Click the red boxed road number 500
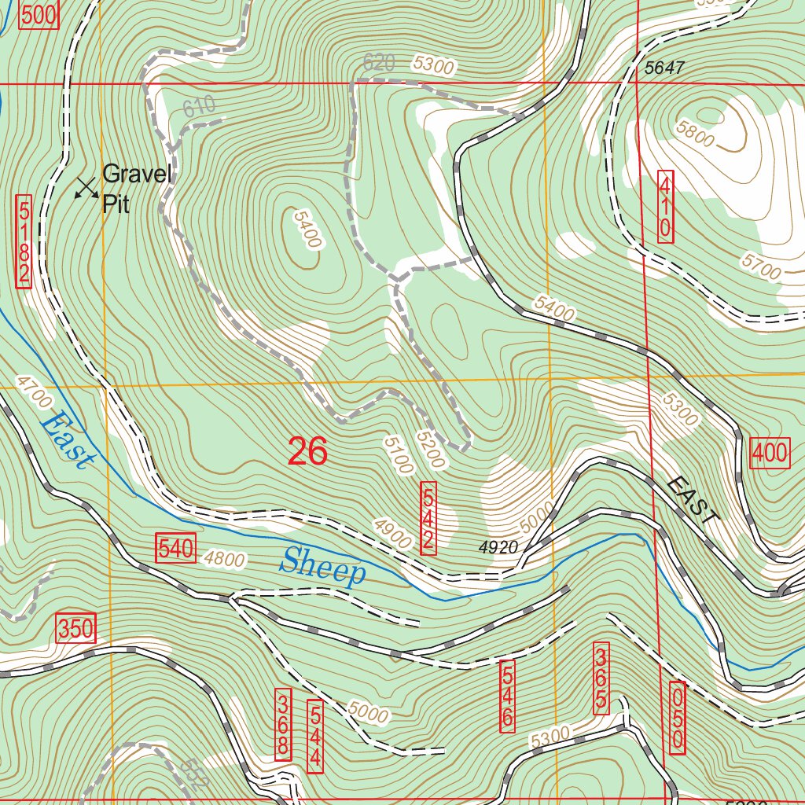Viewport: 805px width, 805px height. [x=39, y=15]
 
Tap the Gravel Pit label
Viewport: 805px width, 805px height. [x=136, y=189]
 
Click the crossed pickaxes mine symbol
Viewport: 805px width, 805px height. [x=86, y=187]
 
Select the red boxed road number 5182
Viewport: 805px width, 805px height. [x=24, y=242]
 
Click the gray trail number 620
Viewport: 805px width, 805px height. [x=378, y=63]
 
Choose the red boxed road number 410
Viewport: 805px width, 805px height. [x=665, y=206]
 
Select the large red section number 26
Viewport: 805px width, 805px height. [x=307, y=452]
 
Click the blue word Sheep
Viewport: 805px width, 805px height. [x=323, y=567]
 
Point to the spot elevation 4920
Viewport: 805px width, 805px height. [x=497, y=546]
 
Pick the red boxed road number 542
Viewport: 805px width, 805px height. [x=428, y=519]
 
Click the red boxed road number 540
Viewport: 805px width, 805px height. [x=176, y=548]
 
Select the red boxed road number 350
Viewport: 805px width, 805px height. [x=76, y=628]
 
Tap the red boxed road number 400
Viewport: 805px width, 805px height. [x=770, y=453]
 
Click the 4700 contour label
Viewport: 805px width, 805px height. [x=33, y=392]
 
